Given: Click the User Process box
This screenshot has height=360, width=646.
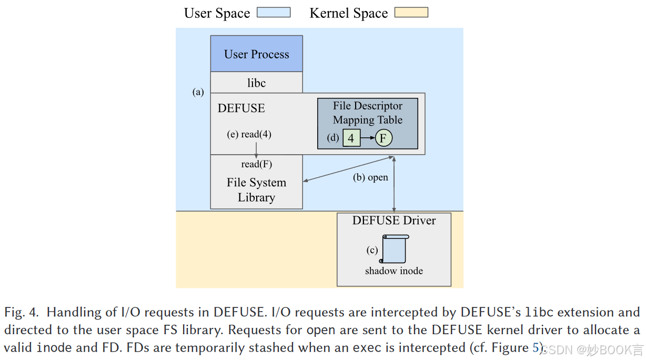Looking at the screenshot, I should pyautogui.click(x=256, y=54).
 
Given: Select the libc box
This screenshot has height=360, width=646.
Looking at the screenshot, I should pyautogui.click(x=256, y=83).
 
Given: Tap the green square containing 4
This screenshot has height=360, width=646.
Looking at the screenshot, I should pyautogui.click(x=351, y=138).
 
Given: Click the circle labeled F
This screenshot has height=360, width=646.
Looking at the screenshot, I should pyautogui.click(x=383, y=138).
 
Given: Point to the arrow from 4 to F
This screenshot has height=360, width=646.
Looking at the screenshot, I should pyautogui.click(x=367, y=138).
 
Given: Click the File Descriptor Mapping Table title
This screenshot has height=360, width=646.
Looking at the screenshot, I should pyautogui.click(x=367, y=113).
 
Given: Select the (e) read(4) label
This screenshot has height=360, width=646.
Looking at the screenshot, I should pyautogui.click(x=249, y=134).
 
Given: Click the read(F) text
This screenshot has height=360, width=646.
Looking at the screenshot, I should pyautogui.click(x=257, y=164).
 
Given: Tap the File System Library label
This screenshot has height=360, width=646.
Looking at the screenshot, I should pyautogui.click(x=256, y=190).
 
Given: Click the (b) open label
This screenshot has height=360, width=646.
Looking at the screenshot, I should pyautogui.click(x=370, y=177).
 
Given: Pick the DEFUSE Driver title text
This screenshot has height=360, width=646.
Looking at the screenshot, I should pyautogui.click(x=394, y=221).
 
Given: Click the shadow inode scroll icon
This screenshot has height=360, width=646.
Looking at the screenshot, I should pyautogui.click(x=393, y=249).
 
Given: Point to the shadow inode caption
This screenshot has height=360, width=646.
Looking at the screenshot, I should pyautogui.click(x=394, y=271).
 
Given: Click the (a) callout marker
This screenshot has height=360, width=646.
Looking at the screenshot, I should pyautogui.click(x=198, y=92).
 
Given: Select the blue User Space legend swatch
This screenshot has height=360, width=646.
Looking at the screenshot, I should pyautogui.click(x=274, y=13).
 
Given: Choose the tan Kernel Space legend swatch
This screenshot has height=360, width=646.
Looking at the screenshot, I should pyautogui.click(x=411, y=13).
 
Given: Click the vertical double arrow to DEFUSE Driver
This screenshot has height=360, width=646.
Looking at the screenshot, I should pyautogui.click(x=394, y=184).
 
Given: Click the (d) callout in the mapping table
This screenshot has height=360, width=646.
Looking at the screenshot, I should pyautogui.click(x=333, y=138).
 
